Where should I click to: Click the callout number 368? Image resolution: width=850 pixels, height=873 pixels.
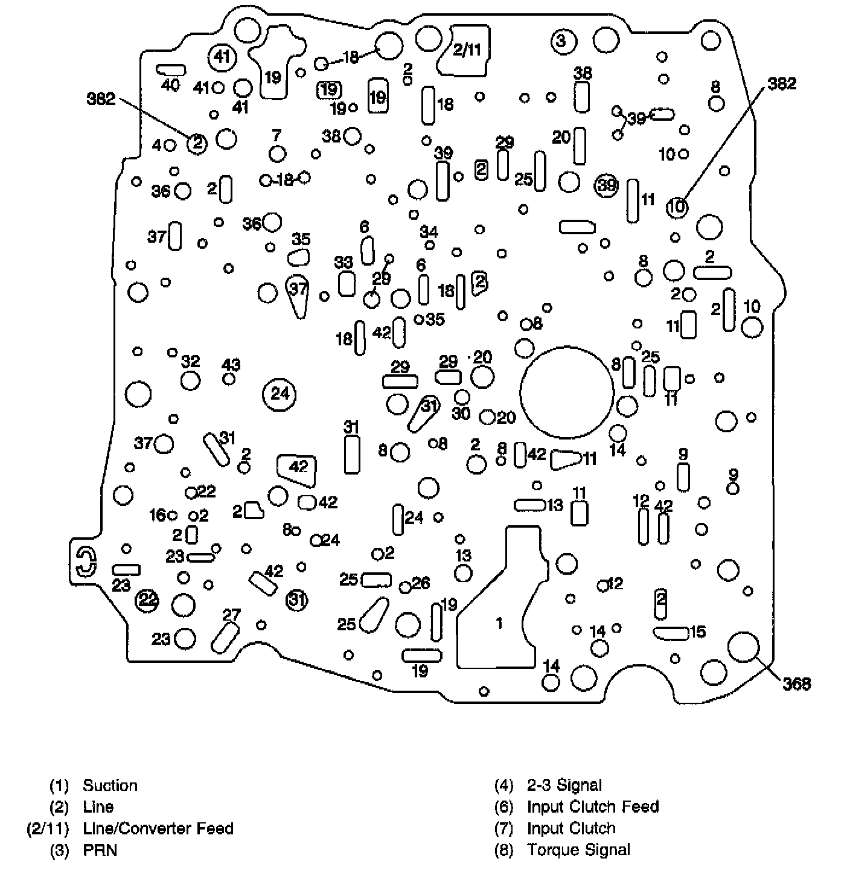point(797,683)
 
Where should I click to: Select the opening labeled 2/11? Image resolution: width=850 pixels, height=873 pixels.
point(468,50)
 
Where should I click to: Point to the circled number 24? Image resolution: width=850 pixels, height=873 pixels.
point(280,394)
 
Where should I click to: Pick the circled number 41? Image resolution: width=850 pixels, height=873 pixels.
point(222,57)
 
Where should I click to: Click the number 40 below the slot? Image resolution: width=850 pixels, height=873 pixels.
point(171,86)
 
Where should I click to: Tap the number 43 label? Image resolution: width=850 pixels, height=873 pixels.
point(231,365)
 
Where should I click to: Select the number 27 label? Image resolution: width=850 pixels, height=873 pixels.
point(232,615)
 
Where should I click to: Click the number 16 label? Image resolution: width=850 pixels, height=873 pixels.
point(157,515)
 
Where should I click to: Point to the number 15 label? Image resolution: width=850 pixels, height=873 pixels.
point(697,632)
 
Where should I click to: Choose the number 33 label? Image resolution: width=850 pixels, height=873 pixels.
point(344,263)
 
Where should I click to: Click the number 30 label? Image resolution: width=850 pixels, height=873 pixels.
point(461,413)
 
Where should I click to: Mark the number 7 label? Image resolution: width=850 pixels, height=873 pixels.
point(276,135)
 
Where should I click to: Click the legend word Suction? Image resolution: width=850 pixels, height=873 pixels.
point(110,785)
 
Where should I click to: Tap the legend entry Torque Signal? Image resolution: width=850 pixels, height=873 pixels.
point(578,850)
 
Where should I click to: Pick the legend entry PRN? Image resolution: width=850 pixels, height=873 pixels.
point(100,850)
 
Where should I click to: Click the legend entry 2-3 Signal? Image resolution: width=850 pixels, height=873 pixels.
point(564,785)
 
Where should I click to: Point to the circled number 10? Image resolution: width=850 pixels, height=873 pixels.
point(677,207)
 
